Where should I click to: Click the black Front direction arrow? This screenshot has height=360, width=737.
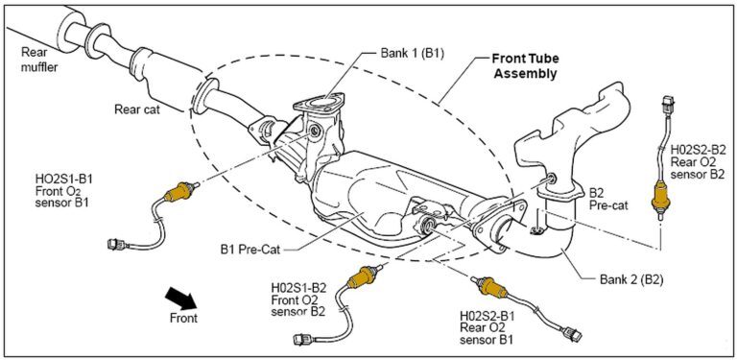pyautogui.click(x=181, y=299)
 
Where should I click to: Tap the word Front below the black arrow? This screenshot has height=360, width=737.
pyautogui.click(x=184, y=318)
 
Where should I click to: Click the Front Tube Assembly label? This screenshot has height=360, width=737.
pyautogui.click(x=526, y=66)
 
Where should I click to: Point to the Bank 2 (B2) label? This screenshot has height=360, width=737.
pyautogui.click(x=631, y=280)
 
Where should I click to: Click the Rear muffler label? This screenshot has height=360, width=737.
pyautogui.click(x=39, y=60)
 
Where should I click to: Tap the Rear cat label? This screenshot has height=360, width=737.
pyautogui.click(x=137, y=109)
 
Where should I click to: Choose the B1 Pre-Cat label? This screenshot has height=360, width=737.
pyautogui.click(x=250, y=250)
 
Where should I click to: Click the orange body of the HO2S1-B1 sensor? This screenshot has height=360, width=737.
pyautogui.click(x=179, y=192)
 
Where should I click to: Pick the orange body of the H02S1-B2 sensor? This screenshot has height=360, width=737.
pyautogui.click(x=362, y=277)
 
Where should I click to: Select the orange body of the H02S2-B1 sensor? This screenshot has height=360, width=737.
pyautogui.click(x=491, y=286)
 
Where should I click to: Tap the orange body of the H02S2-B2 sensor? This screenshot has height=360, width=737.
pyautogui.click(x=660, y=197)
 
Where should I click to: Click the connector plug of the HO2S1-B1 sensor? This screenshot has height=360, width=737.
pyautogui.click(x=116, y=245)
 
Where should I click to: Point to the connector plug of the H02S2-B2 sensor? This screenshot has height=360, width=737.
pyautogui.click(x=668, y=104)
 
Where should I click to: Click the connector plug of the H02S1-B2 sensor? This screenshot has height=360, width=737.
pyautogui.click(x=301, y=338)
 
